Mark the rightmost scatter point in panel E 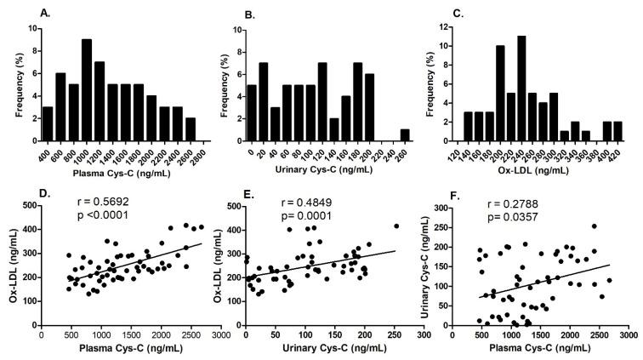(x=396, y=226)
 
